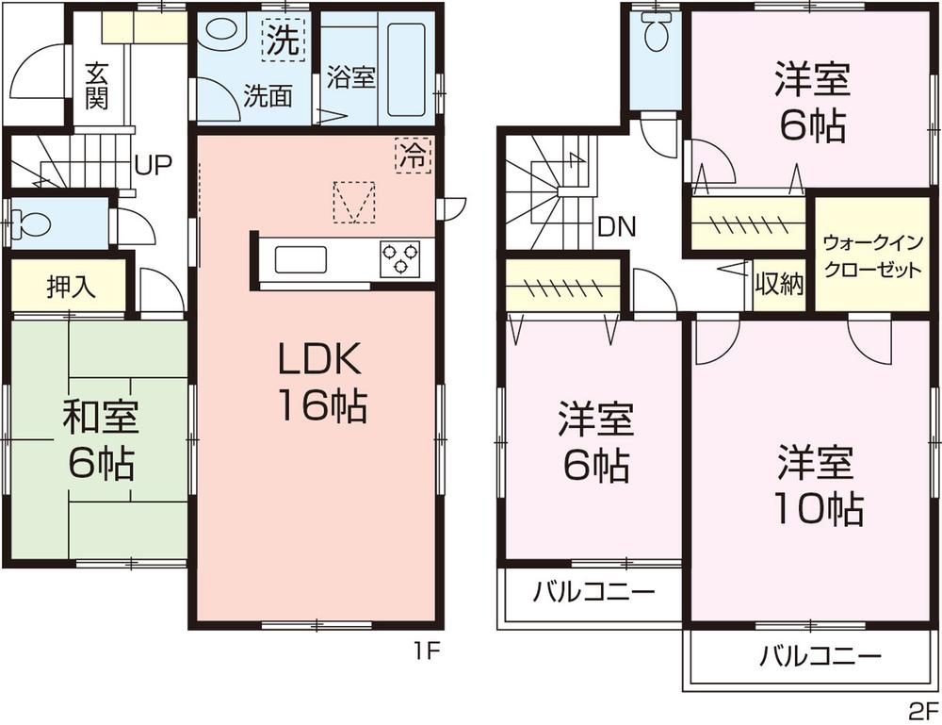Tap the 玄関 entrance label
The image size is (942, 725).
(x=95, y=86)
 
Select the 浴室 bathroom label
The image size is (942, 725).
(x=351, y=77)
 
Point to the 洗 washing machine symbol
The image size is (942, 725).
(x=280, y=41)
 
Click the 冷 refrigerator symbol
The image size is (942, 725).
(x=412, y=156)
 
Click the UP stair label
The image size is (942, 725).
(x=152, y=167)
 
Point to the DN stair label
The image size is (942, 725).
(x=617, y=226)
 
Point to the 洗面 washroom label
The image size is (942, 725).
(x=268, y=95)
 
